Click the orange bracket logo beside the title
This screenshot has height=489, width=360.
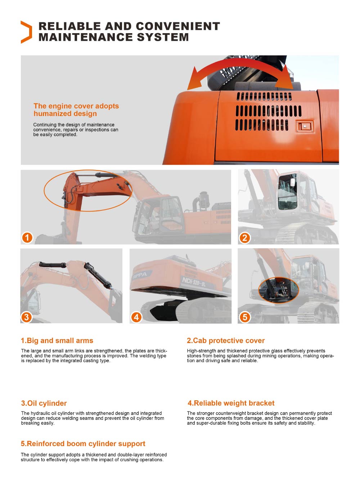tap(26, 32)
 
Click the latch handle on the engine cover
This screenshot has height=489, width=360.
tap(305, 126)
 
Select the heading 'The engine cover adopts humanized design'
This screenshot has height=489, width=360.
tap(76, 110)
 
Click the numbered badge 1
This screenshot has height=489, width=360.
tap(27, 237)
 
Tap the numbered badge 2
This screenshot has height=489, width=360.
tap(245, 238)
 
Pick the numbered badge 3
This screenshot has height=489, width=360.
tap(26, 317)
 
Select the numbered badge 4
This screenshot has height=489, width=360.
tap(136, 317)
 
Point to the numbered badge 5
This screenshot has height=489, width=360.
tap(245, 317)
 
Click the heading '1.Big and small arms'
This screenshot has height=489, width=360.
tap(57, 341)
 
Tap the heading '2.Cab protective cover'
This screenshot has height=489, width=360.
tap(226, 341)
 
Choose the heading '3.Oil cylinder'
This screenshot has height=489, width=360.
tap(44, 403)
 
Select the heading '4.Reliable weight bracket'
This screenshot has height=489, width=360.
tap(231, 403)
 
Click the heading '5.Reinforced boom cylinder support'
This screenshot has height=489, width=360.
tap(83, 444)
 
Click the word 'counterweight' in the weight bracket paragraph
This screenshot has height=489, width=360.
tap(233, 413)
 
